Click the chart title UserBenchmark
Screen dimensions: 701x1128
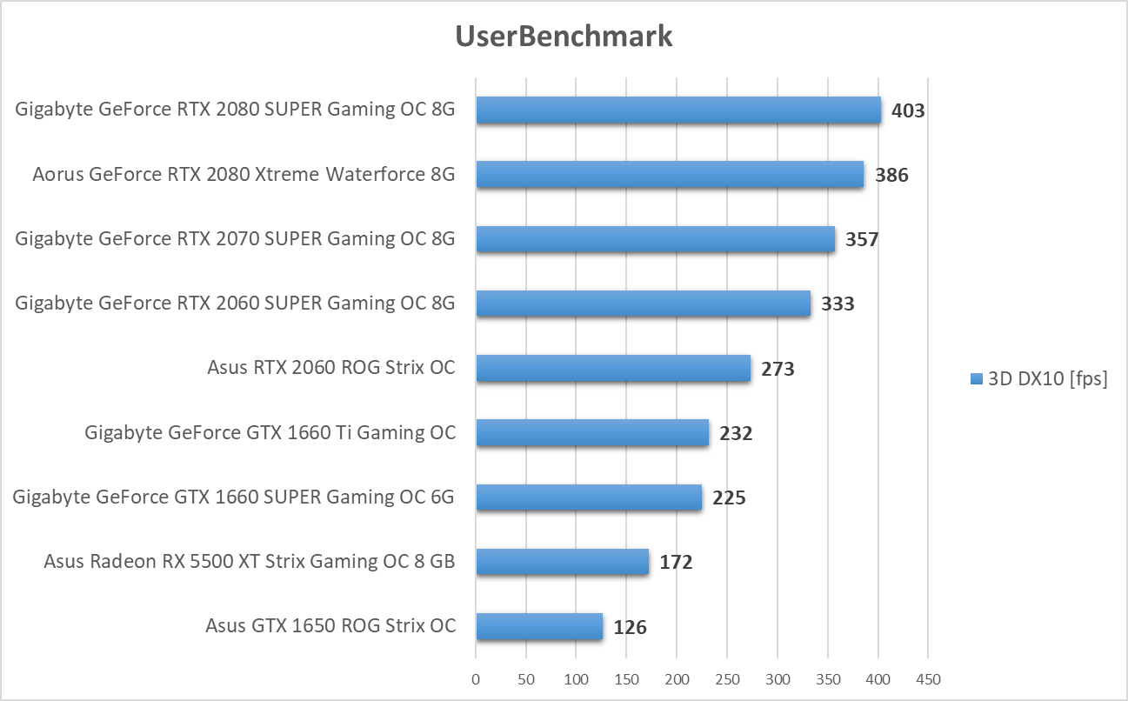(x=564, y=37)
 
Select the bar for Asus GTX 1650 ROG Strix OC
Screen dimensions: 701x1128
(x=539, y=626)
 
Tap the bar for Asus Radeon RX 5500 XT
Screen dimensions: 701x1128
(x=562, y=562)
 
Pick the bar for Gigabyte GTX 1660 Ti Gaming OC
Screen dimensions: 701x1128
(x=592, y=432)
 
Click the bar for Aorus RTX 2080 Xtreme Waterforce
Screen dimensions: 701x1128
(x=670, y=175)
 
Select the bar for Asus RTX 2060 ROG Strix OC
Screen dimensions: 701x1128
(x=613, y=368)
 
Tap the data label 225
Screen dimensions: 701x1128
(x=729, y=497)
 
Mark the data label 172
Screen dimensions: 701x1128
(x=676, y=563)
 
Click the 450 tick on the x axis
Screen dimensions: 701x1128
(x=928, y=678)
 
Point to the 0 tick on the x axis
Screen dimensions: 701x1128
(x=476, y=678)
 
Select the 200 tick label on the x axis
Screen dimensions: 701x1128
(x=677, y=678)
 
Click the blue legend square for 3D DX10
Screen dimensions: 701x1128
(x=975, y=379)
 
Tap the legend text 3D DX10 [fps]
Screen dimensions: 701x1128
(x=1047, y=379)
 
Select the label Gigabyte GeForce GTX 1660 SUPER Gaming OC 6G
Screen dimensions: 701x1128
(x=233, y=497)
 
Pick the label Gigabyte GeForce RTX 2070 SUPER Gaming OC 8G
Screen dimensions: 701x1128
(x=235, y=238)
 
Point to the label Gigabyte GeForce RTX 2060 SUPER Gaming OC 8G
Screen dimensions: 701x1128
(x=235, y=303)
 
